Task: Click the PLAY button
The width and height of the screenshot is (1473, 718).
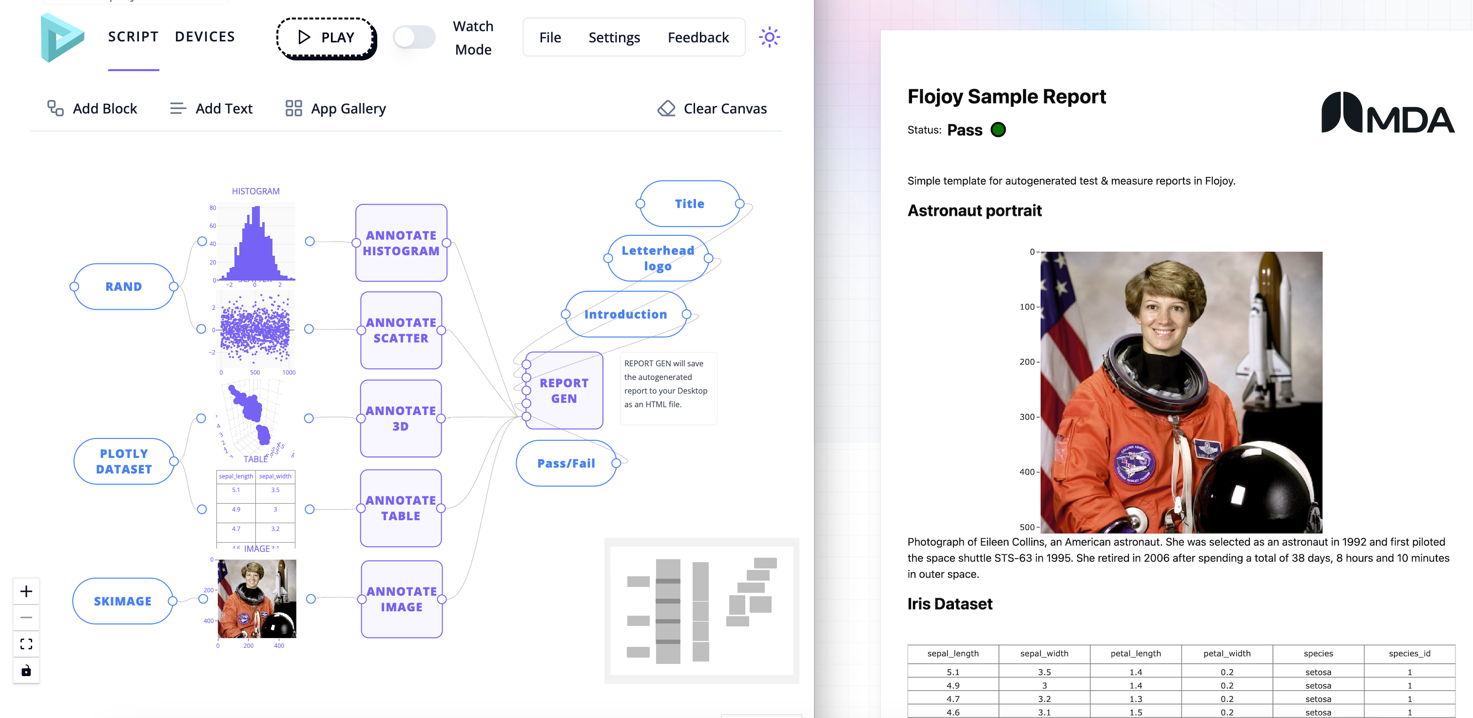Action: pos(326,38)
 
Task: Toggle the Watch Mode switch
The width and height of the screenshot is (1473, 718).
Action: pos(414,38)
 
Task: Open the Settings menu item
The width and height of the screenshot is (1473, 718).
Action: pos(614,38)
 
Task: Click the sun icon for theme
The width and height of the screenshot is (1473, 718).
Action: pos(769,38)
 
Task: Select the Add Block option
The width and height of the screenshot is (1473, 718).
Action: pos(92,109)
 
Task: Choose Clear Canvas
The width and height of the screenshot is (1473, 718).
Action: pos(712,109)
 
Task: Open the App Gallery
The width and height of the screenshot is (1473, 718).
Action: pos(336,109)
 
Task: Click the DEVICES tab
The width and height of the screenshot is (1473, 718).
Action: pos(205,37)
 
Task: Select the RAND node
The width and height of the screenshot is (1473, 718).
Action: pos(123,286)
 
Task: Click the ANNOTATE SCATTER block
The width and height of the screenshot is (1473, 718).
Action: pos(401,330)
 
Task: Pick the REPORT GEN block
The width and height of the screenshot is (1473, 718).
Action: pos(564,391)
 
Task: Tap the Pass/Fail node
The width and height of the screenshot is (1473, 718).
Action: pos(565,463)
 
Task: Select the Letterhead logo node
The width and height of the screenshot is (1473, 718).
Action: pos(658,258)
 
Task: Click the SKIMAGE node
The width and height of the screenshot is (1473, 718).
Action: pos(122,601)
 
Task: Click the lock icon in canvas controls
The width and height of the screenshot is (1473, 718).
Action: pos(26,671)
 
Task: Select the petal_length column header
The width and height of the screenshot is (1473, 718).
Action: pos(1135,653)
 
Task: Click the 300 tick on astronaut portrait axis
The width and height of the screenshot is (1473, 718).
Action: pos(1027,417)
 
